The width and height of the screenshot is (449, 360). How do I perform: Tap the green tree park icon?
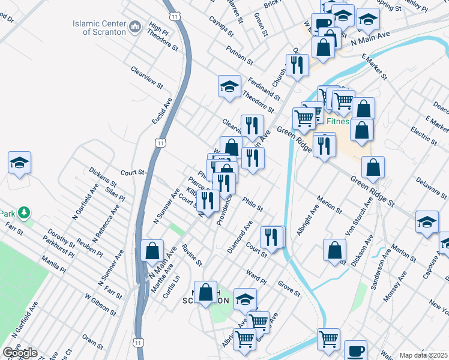[23, 213]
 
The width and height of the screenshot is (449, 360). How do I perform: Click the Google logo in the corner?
[20, 353]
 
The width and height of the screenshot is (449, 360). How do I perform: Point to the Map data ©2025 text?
[424, 355]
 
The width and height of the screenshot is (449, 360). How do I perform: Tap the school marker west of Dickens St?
[19, 163]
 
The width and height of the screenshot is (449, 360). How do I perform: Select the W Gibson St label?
[100, 305]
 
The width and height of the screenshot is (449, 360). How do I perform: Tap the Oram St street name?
[92, 341]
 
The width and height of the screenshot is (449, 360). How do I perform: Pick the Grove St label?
[289, 288]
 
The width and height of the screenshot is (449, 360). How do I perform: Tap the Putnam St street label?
[240, 55]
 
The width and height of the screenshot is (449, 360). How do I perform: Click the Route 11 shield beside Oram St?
[139, 342]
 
